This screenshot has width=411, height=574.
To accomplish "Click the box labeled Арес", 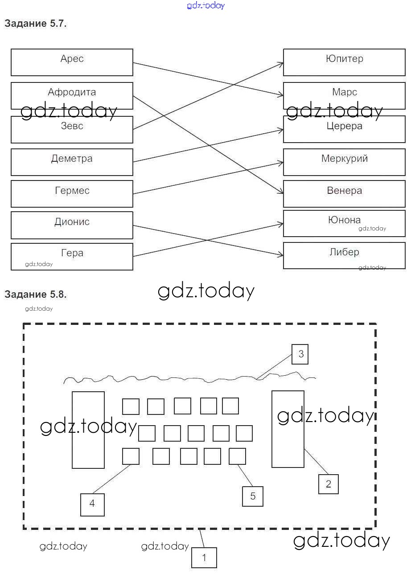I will [72, 62].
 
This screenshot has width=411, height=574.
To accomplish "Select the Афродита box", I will [72, 95].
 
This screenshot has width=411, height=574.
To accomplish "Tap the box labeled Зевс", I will [72, 129].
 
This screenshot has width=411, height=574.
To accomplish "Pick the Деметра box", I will [72, 162].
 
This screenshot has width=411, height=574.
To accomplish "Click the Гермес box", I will [72, 193].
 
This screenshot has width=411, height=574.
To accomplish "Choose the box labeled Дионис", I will [72, 225].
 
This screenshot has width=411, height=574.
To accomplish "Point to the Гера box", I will [72, 256].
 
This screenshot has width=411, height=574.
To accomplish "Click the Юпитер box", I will [344, 62].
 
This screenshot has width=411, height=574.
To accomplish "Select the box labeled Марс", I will [344, 95].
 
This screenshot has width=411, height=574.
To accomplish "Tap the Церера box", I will [344, 129].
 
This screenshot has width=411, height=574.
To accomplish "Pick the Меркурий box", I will [344, 162].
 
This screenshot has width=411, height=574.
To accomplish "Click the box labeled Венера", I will [344, 193].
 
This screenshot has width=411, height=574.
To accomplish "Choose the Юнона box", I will [344, 223].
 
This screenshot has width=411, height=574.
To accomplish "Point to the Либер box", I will [344, 255].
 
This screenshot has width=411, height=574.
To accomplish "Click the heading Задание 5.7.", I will [36, 24].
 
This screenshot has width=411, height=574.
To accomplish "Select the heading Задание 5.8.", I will [36, 294].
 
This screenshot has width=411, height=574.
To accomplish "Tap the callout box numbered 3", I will [300, 354].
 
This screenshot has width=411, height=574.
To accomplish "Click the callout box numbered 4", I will [92, 504].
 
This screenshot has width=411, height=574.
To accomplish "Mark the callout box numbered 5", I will [253, 496].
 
